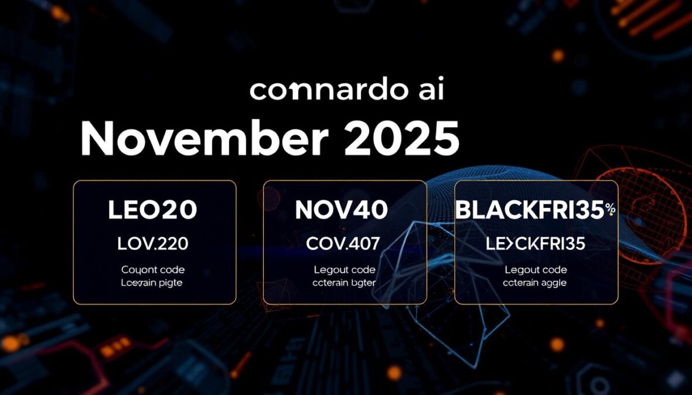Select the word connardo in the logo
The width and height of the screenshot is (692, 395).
coord(322,91)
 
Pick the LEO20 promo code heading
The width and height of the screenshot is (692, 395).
coord(152,210)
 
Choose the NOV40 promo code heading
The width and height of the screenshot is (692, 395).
coord(341,210)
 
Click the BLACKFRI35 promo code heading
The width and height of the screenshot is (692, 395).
coord(530,210)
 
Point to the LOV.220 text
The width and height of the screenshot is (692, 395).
coord(152,243)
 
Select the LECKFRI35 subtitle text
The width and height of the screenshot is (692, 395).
coord(536,243)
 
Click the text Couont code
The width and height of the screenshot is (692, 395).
coord(153,270)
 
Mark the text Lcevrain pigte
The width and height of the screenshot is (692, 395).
coord(152,283)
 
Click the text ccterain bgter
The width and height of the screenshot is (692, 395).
coord(344,283)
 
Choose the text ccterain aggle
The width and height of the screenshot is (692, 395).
coord(535,283)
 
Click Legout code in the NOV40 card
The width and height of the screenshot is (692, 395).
coord(344,270)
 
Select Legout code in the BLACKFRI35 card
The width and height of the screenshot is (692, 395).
coord(536,270)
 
